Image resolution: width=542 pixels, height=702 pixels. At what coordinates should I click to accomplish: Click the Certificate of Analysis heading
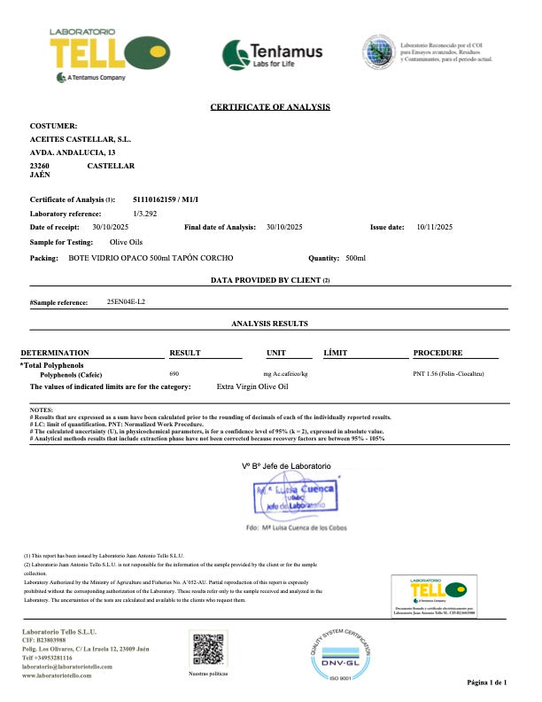pyautogui.click(x=270, y=107)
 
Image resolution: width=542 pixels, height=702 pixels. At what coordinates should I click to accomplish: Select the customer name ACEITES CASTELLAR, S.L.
pyautogui.click(x=81, y=140)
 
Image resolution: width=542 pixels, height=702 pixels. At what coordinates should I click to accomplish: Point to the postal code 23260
pyautogui.click(x=40, y=166)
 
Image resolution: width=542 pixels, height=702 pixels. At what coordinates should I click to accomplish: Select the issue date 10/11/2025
pyautogui.click(x=434, y=228)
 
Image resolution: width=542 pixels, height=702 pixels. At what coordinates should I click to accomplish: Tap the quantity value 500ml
pyautogui.click(x=355, y=257)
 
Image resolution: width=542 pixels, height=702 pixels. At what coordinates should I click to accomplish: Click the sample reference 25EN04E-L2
pyautogui.click(x=126, y=302)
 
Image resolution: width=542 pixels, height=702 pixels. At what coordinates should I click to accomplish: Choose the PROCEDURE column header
pyautogui.click(x=437, y=353)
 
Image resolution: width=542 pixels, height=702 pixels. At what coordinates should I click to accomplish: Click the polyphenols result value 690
pyautogui.click(x=174, y=375)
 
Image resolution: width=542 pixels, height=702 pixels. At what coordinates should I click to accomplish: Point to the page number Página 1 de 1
pyautogui.click(x=486, y=683)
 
